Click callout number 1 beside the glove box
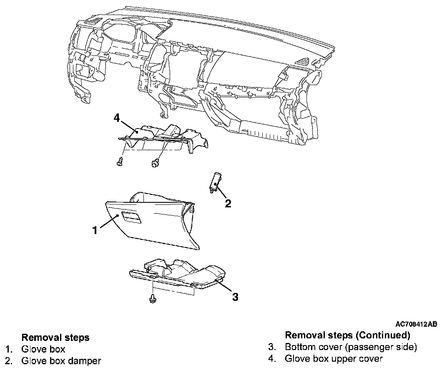click(x=95, y=230)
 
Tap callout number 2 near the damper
click(x=228, y=204)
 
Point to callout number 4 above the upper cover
click(x=117, y=118)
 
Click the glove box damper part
click(x=215, y=182)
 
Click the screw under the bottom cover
click(x=153, y=298)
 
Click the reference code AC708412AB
click(x=417, y=324)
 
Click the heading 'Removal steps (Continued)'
click(x=347, y=335)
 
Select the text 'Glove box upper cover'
click(x=334, y=358)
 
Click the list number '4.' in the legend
click(x=272, y=358)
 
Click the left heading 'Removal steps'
click(x=55, y=337)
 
